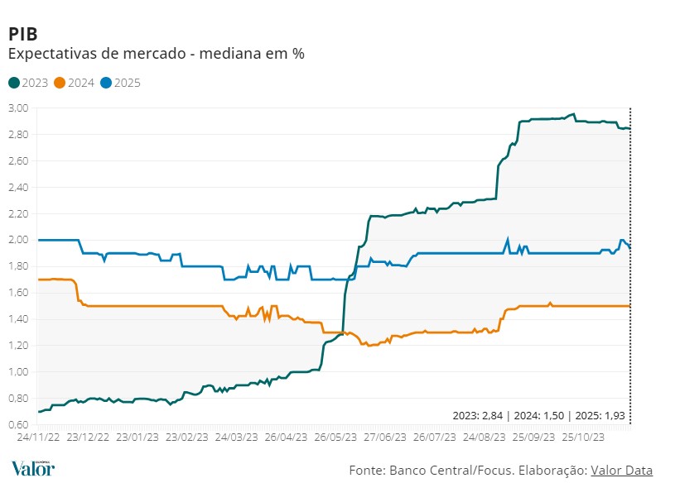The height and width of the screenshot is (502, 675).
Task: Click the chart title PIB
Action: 22,34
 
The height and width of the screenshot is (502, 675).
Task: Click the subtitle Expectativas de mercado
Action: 156,54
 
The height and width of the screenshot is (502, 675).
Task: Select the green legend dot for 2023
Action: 14,83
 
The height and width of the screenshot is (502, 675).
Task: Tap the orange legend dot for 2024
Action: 60,83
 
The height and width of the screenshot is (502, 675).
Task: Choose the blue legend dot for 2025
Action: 105,83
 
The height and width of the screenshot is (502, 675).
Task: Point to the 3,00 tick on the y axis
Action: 18,108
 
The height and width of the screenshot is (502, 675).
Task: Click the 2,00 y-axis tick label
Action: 18,240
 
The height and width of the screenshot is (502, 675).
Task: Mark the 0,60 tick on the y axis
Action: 18,424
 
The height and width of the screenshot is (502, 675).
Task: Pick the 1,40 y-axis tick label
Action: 18,319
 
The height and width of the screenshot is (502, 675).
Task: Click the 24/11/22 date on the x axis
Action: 38,436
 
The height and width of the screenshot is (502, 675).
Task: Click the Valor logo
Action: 33,468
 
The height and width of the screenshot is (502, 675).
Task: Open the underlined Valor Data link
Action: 621,471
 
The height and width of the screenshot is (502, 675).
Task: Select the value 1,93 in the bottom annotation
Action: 615,415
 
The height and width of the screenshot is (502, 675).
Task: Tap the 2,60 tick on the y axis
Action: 18,161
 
